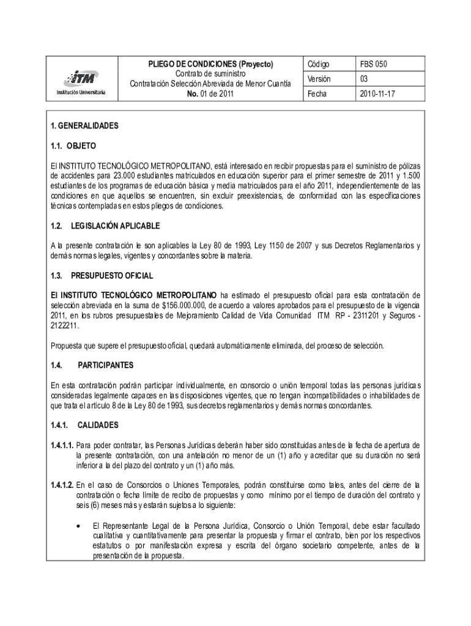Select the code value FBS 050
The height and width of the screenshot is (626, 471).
tap(374, 64)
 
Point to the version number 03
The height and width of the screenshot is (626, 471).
tap(364, 79)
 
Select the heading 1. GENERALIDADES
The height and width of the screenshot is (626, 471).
tap(84, 126)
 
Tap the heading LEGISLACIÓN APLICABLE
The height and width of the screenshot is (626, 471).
tap(115, 226)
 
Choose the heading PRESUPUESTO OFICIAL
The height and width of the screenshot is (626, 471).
tap(112, 276)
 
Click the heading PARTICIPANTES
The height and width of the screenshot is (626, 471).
tap(105, 365)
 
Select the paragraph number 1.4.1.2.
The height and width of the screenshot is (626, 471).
tap(62, 485)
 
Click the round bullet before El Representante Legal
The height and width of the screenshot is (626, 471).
tap(78, 526)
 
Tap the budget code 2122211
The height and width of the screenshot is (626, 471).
tap(65, 326)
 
